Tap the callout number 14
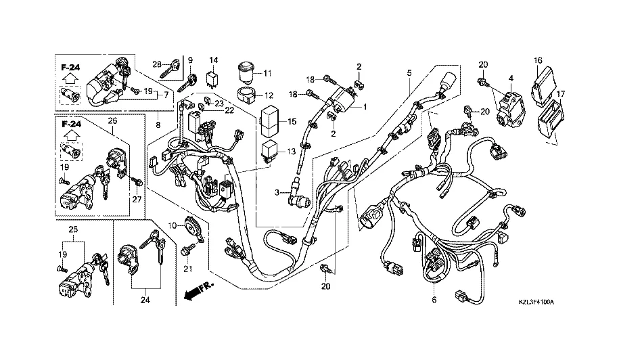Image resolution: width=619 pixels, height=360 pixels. click(x=212, y=60)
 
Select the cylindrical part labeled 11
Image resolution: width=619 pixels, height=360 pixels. click(x=245, y=70)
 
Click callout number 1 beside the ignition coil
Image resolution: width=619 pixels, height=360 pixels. click(x=365, y=107)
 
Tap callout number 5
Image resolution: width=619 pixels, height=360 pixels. click(x=409, y=72)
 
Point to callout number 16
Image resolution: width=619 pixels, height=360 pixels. click(x=538, y=60)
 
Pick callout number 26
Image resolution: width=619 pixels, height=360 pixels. click(x=112, y=121)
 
